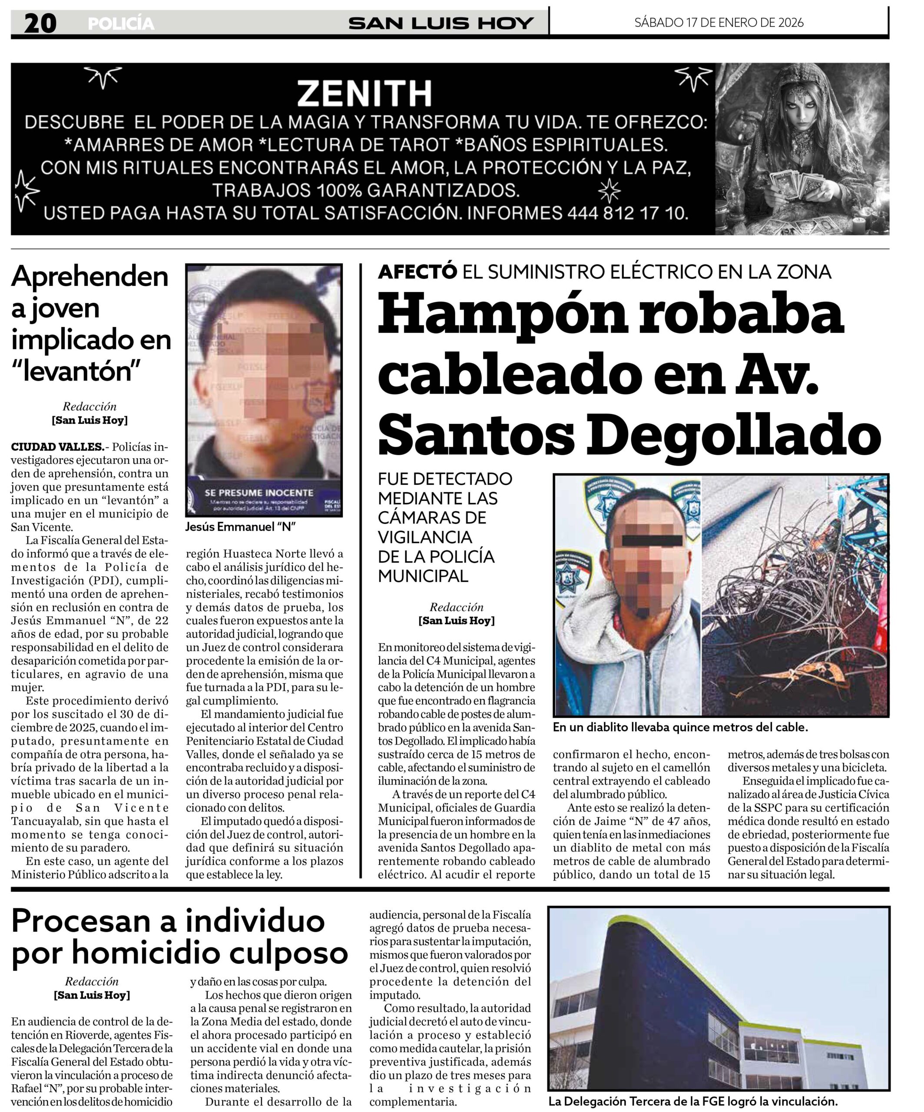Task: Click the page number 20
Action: point(40,24)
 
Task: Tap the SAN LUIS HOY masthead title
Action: point(440,24)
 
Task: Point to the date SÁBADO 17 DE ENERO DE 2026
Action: point(719,22)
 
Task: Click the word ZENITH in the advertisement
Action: point(364,94)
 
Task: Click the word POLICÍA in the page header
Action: point(121,24)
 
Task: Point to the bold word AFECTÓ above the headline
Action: point(417,271)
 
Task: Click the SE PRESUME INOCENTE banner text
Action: point(259,493)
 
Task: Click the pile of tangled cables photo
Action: point(794,596)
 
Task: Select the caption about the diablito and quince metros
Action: point(680,727)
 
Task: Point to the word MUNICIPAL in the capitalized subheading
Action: point(423,576)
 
